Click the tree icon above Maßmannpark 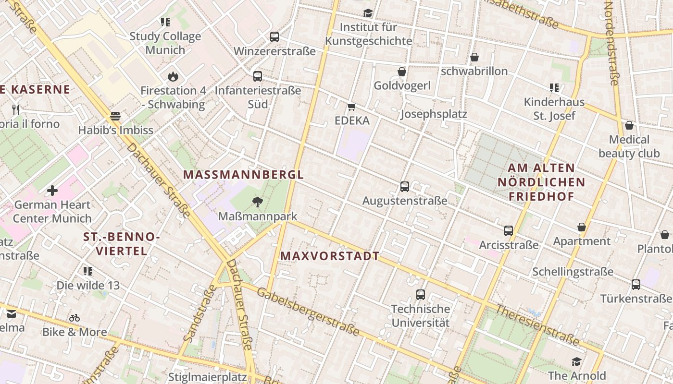coord(258,202)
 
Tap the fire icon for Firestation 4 coord(173,76)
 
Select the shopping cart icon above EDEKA coord(352,107)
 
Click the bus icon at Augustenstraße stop coord(405,186)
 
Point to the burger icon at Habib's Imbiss coord(115,116)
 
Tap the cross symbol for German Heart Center coord(52,191)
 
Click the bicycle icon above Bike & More coord(75,318)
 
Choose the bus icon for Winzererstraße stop coord(274,36)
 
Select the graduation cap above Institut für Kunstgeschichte coord(368,13)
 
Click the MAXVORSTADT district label coord(330,256)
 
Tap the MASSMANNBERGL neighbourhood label coord(244,175)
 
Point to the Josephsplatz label coord(434,114)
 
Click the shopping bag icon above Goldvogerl coord(402,72)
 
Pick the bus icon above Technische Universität coord(421,294)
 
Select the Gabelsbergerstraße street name coord(308,312)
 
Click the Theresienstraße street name coord(537,325)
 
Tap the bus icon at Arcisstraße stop coord(509,230)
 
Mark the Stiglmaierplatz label coord(207,377)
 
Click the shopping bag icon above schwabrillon coord(474,57)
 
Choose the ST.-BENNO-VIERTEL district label coord(121,244)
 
